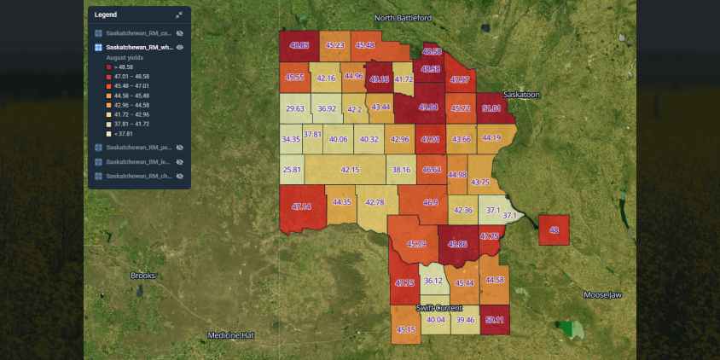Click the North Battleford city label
point(403,18)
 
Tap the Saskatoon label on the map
point(521,95)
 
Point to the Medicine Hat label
point(231,335)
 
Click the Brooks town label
point(142,276)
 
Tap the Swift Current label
point(438,307)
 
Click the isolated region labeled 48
point(554,230)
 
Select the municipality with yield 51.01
point(491,109)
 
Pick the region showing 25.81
point(293,170)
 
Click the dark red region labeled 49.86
point(458,244)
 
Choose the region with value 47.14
point(301,207)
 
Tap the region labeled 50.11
point(494,320)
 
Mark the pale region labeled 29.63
point(295,108)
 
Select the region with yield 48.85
point(299,45)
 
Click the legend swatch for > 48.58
point(108,66)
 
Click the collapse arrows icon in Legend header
point(179,15)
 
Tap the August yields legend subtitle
point(124,57)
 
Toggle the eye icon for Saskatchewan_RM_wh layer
point(180,47)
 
